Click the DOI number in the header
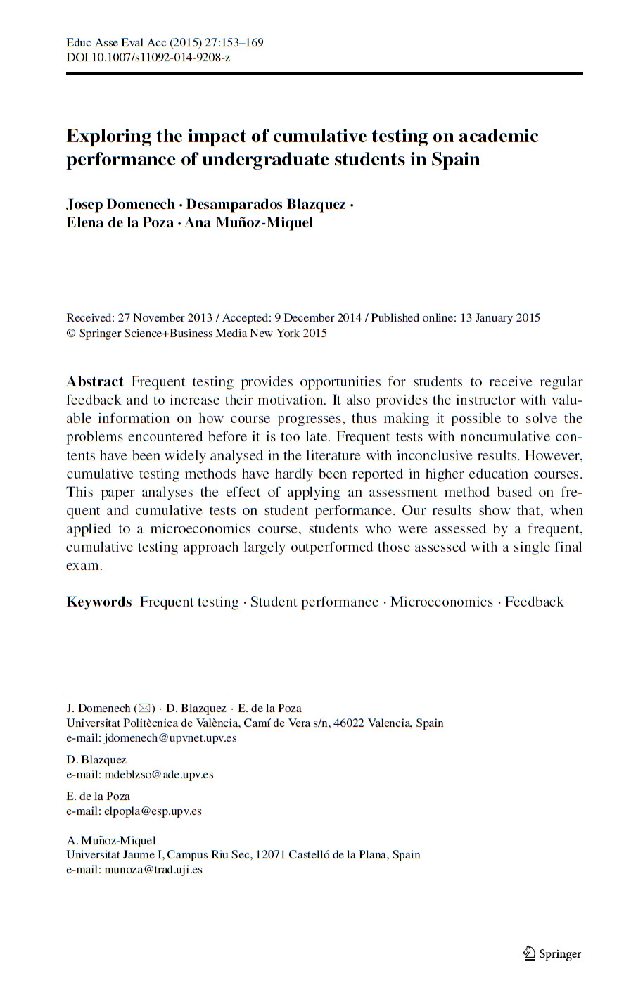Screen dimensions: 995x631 pos(160,57)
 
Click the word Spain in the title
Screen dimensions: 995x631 pos(455,159)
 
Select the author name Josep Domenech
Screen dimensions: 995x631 pos(120,204)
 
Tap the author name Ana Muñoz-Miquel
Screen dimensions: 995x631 pos(248,222)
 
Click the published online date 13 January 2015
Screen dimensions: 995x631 pos(499,317)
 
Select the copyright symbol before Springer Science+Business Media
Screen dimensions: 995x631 pos(70,334)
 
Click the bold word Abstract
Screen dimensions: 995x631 pos(94,381)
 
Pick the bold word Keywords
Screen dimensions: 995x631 pos(98,602)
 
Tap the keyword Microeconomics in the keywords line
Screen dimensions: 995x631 pos(442,602)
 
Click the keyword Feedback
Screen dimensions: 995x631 pos(534,602)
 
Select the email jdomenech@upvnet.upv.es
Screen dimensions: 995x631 pos(170,737)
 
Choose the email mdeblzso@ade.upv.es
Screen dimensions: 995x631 pos(158,774)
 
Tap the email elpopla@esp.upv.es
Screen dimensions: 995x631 pos(153,811)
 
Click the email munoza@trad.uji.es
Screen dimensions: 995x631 pos(153,869)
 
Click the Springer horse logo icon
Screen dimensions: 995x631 pos(529,953)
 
